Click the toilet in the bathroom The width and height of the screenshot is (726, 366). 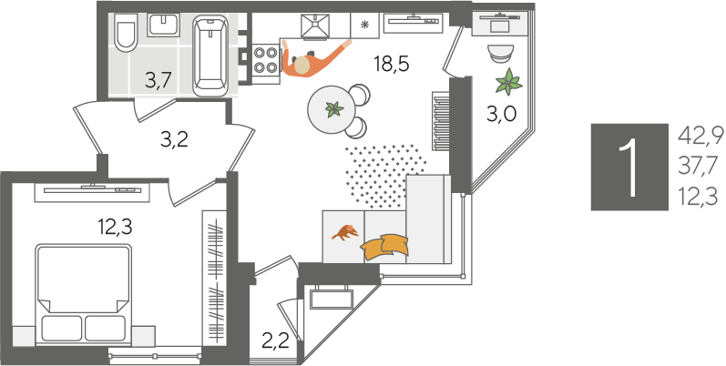[x=126, y=32]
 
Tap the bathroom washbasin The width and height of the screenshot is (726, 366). [x=163, y=25]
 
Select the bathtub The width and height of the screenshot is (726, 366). [x=210, y=55]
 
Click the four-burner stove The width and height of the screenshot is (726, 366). [x=266, y=61]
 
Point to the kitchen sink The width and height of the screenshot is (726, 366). [x=315, y=25]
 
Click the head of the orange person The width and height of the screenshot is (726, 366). [x=302, y=65]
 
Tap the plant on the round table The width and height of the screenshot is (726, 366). [x=333, y=109]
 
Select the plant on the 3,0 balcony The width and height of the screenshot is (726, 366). [x=508, y=82]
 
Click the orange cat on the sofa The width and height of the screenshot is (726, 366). [x=345, y=232]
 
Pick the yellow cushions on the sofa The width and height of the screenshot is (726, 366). [x=385, y=247]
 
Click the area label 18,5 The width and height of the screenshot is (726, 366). [x=392, y=65]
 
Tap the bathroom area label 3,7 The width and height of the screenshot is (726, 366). [x=158, y=80]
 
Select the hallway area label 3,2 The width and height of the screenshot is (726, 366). [x=175, y=139]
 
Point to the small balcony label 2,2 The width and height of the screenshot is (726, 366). [x=275, y=342]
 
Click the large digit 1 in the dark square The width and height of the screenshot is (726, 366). [x=629, y=167]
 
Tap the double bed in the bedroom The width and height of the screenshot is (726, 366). [x=83, y=294]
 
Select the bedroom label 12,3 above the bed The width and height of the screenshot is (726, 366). [x=115, y=228]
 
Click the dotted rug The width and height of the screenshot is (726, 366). [x=383, y=175]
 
